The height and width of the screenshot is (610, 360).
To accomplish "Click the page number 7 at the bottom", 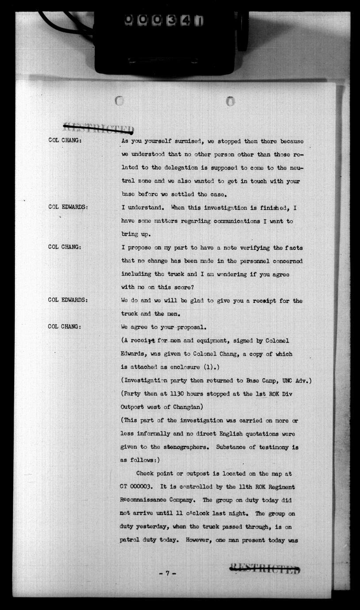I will (168, 573).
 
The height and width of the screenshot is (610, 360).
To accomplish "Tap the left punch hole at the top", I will (119, 101).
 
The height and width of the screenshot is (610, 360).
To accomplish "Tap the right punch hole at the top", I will (230, 101).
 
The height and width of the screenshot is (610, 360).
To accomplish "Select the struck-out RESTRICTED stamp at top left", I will (98, 128).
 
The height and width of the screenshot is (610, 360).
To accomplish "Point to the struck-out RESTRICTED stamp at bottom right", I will (264, 569).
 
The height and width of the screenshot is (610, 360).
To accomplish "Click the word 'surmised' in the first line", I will (186, 141).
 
